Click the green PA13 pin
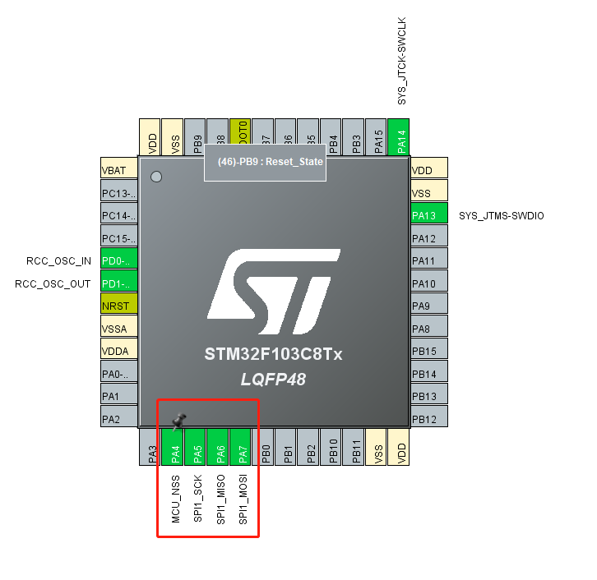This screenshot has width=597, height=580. [x=428, y=216]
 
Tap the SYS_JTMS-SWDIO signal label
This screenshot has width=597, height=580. [x=501, y=216]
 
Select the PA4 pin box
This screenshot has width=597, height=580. [x=175, y=448]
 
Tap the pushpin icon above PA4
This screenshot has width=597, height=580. [x=178, y=421]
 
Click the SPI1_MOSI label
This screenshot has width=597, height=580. [x=243, y=499]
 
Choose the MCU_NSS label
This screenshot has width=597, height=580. [x=175, y=499]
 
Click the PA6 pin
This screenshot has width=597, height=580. [x=220, y=448]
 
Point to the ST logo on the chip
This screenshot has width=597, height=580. [x=273, y=288]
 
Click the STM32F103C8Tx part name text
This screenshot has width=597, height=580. [x=273, y=355]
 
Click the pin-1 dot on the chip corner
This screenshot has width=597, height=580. [x=156, y=177]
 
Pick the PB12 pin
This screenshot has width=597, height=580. [x=428, y=419]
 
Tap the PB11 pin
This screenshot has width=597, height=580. [x=355, y=448]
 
